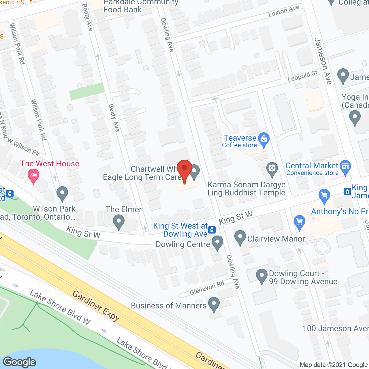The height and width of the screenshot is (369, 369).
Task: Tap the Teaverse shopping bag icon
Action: point(263,139)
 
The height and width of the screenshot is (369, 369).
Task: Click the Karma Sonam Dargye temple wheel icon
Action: point(272,168)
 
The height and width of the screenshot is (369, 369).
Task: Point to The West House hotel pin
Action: point(33,176)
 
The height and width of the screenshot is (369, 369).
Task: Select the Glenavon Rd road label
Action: point(207,288)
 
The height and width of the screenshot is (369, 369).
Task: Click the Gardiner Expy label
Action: point(96,306)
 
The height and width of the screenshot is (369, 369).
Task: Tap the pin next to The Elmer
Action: point(118,222)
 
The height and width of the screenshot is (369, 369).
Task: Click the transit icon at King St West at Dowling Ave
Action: point(212,229)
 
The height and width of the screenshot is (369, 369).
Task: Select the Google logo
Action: point(20,362)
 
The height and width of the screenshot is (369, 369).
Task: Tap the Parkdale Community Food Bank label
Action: point(141,6)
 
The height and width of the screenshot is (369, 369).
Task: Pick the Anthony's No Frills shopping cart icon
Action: point(324,196)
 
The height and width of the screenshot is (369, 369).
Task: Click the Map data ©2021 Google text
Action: point(334,365)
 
